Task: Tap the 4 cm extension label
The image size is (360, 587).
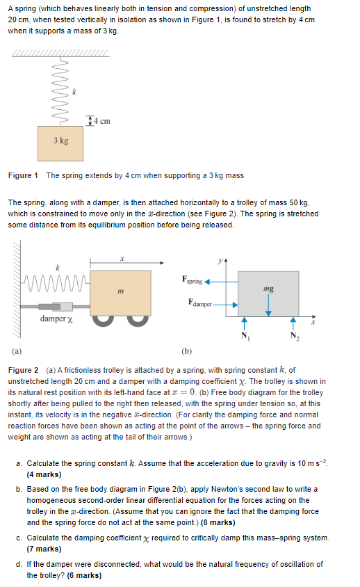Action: [101, 121]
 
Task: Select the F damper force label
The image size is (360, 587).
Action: [200, 303]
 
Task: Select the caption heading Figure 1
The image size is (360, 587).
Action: [23, 176]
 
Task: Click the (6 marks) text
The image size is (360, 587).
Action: [84, 575]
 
